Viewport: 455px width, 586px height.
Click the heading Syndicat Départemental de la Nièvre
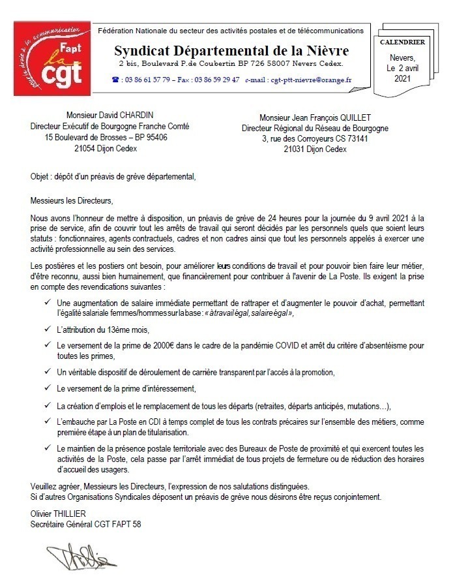[x=231, y=50]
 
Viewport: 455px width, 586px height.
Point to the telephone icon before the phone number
[x=115, y=80]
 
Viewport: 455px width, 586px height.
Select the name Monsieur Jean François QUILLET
[x=315, y=117]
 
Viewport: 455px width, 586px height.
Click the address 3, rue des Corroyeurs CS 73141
[x=315, y=139]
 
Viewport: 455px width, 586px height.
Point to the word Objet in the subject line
[x=41, y=176]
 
